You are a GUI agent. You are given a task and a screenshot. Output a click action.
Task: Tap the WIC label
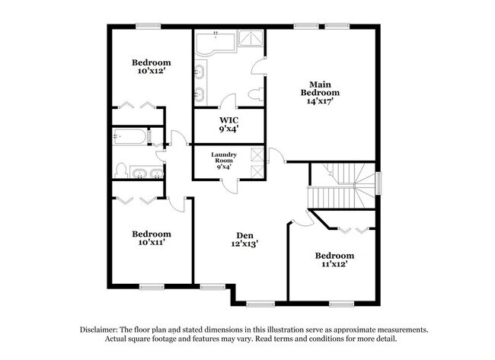pos(228,120)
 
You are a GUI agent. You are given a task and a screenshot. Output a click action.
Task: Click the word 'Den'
pos(245,235)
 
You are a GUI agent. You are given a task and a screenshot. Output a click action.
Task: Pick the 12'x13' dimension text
pos(245,244)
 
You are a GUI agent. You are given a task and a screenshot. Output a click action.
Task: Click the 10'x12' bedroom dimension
pos(151,72)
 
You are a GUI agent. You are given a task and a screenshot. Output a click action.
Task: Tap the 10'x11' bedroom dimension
pos(151,243)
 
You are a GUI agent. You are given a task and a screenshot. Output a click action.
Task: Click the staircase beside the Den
pos(343,186)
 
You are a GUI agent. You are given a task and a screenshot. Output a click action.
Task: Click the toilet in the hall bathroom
pos(120,170)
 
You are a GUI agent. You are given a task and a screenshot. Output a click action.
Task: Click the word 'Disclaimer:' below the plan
pos(102,330)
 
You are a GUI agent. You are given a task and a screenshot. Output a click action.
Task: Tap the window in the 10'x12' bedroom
pos(147,27)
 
